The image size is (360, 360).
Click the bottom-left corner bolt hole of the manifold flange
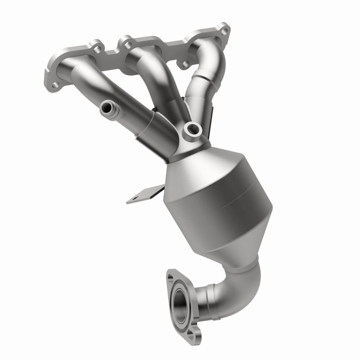[55, 84]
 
